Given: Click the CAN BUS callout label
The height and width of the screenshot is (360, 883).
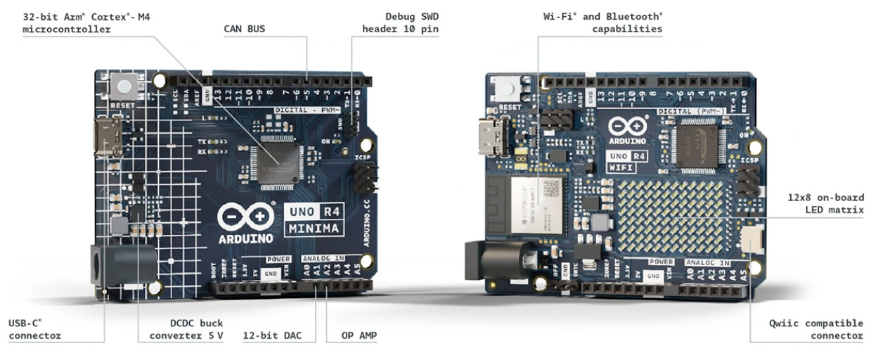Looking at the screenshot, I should pyautogui.click(x=245, y=30).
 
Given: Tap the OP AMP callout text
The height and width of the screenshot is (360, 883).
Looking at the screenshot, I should pyautogui.click(x=358, y=335).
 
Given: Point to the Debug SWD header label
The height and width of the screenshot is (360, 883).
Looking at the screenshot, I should pyautogui.click(x=401, y=22).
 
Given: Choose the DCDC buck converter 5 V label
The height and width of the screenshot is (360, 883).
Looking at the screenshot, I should pyautogui.click(x=186, y=329).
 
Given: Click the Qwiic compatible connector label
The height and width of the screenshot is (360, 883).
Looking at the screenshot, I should pyautogui.click(x=816, y=329).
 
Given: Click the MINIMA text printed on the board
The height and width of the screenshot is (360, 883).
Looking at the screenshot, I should pyautogui.click(x=314, y=228).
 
